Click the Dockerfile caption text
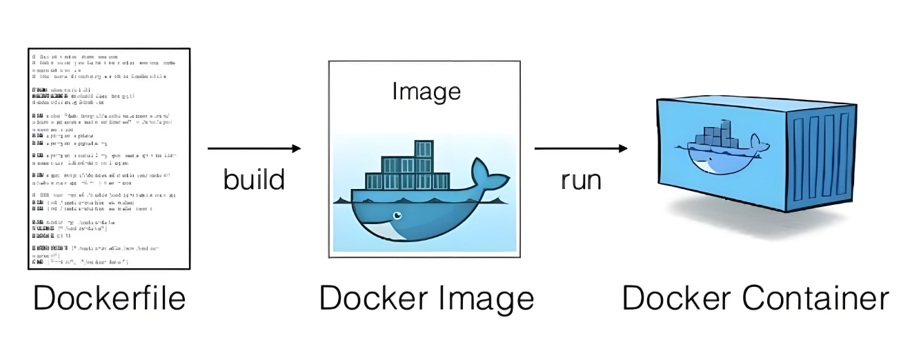click(x=110, y=299)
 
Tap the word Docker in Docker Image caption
click(x=368, y=299)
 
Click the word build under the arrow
click(x=254, y=179)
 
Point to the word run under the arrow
click(x=580, y=179)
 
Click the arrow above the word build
click(x=252, y=148)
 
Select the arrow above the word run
click(x=580, y=148)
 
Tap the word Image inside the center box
click(x=426, y=91)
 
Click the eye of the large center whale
click(x=397, y=215)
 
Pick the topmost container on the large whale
click(x=423, y=148)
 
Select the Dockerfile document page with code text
click(x=109, y=158)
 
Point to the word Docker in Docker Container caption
click(x=672, y=299)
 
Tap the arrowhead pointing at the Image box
click(x=297, y=148)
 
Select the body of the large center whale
click(x=414, y=217)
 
